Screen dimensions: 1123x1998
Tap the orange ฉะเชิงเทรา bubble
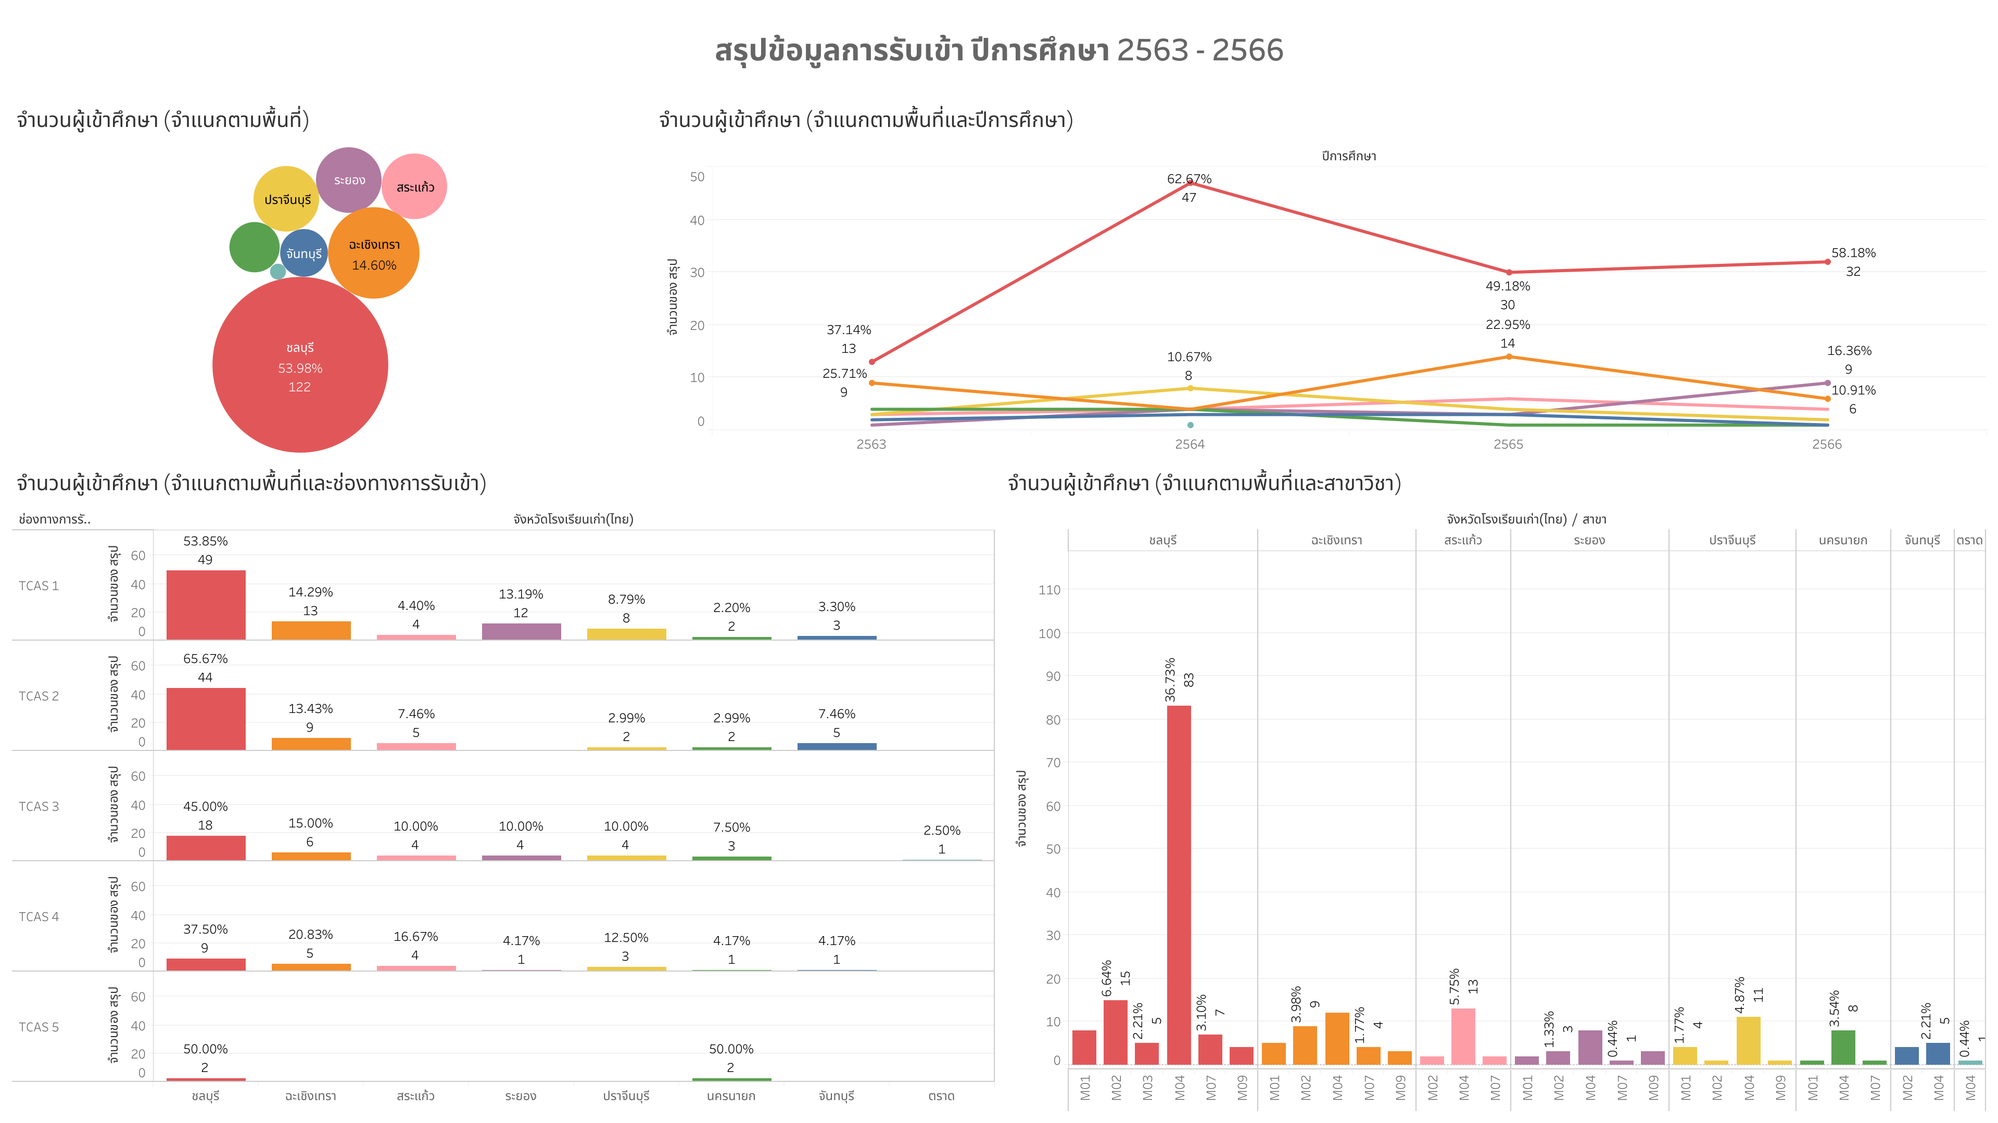(374, 253)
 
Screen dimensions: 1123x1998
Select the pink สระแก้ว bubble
(415, 186)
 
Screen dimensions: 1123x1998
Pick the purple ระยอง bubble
(348, 179)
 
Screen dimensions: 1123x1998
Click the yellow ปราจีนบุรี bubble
(286, 199)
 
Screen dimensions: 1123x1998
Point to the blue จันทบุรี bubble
(304, 253)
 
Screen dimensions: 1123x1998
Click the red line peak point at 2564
(1189, 182)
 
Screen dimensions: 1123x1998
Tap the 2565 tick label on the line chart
(1508, 444)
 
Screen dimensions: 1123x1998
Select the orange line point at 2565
(1508, 357)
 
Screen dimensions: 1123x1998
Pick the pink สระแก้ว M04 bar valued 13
(1463, 1036)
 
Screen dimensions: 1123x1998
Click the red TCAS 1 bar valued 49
(206, 605)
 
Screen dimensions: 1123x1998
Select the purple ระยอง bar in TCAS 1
(521, 631)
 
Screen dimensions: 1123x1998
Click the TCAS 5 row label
(39, 1027)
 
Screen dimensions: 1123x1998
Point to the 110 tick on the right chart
(1048, 590)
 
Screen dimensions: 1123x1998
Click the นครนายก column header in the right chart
(1842, 540)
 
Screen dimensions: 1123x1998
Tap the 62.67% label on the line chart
(1189, 179)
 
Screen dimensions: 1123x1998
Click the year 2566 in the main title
(1247, 50)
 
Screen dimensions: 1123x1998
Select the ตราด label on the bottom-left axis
(941, 1096)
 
